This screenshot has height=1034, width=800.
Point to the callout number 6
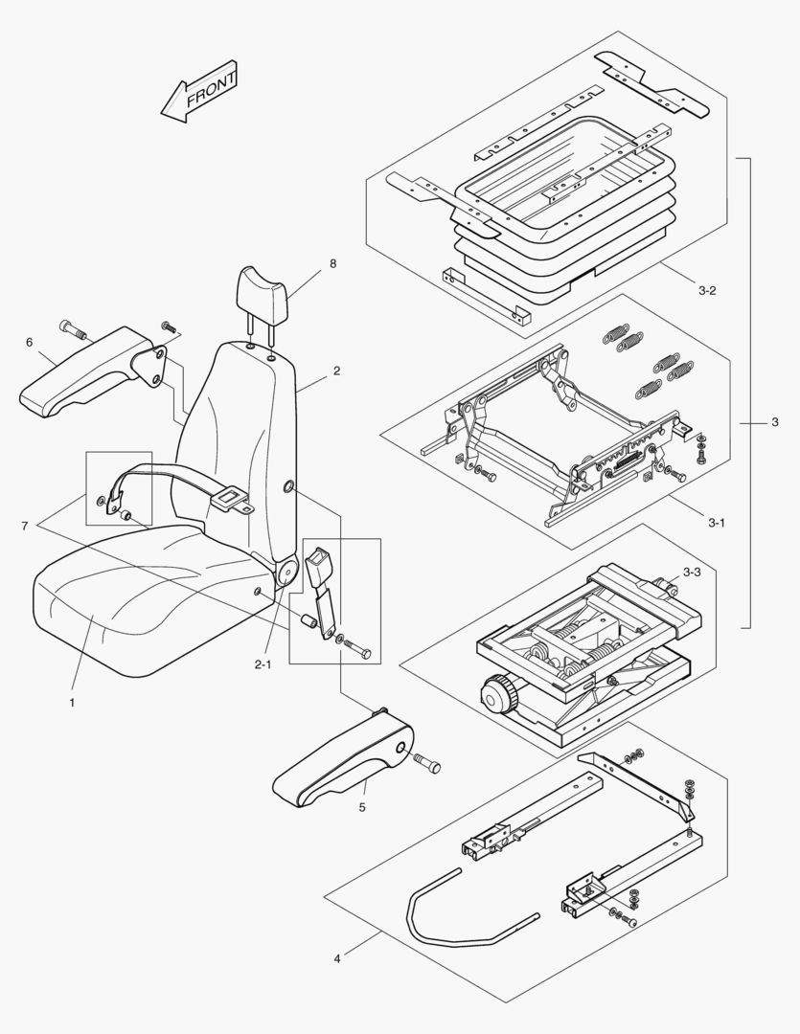pyautogui.click(x=30, y=342)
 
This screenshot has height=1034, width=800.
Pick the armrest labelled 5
pyautogui.click(x=345, y=761)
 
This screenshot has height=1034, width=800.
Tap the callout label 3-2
pyautogui.click(x=707, y=290)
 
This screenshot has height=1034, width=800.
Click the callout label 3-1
pyautogui.click(x=717, y=523)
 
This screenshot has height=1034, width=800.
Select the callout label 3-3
pyautogui.click(x=691, y=573)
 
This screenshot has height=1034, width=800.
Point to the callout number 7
pyautogui.click(x=24, y=527)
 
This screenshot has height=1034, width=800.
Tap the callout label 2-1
pyautogui.click(x=263, y=663)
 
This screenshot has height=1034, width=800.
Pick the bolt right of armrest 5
pyautogui.click(x=427, y=763)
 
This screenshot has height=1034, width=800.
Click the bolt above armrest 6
pyautogui.click(x=73, y=330)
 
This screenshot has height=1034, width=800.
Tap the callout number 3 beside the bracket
pyautogui.click(x=774, y=422)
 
